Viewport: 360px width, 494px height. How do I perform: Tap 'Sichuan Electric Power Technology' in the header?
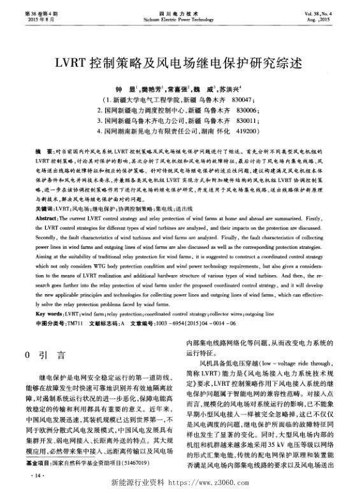point(179,20)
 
